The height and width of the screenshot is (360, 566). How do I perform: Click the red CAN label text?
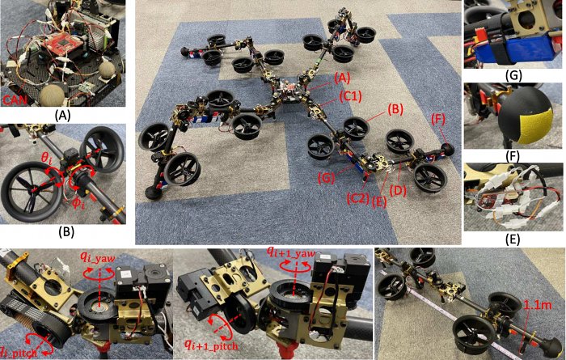(x=15, y=99)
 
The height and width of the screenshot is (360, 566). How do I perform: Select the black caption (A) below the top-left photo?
(x=62, y=116)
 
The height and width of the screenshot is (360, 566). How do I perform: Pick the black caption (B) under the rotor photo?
(x=66, y=232)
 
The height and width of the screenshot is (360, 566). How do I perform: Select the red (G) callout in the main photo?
(x=327, y=179)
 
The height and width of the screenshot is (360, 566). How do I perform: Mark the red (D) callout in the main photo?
(x=398, y=191)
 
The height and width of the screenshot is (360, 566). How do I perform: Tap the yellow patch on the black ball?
(x=536, y=124)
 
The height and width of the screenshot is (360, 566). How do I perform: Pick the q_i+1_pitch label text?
(x=211, y=345)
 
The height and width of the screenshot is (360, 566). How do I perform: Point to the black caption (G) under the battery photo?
(x=514, y=77)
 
